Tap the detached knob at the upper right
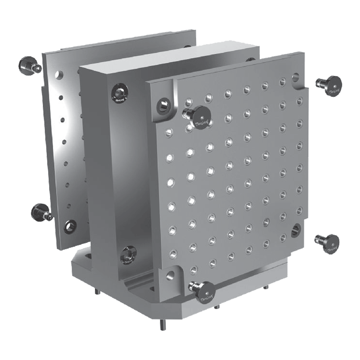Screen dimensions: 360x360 click(330, 86)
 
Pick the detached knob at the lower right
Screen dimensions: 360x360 click(329, 243)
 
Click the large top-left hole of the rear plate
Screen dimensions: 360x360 click(57, 76)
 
